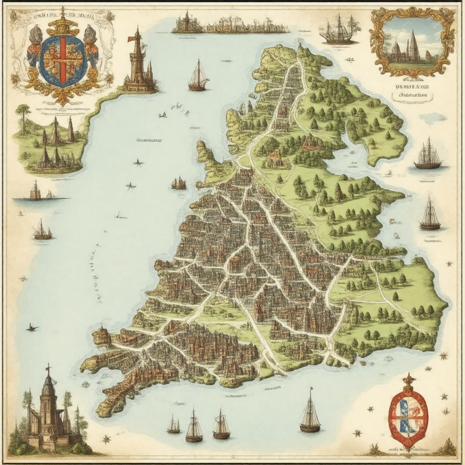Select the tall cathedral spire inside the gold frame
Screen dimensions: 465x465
[x=413, y=45]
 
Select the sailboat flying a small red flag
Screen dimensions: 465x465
[x=310, y=411]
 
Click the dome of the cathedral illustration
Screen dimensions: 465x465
[x=48, y=388]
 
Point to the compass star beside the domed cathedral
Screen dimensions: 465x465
[x=107, y=439]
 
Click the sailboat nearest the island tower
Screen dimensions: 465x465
[x=198, y=76]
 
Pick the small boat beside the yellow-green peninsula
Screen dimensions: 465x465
[x=178, y=183]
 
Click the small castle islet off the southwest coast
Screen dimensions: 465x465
[x=102, y=336]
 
